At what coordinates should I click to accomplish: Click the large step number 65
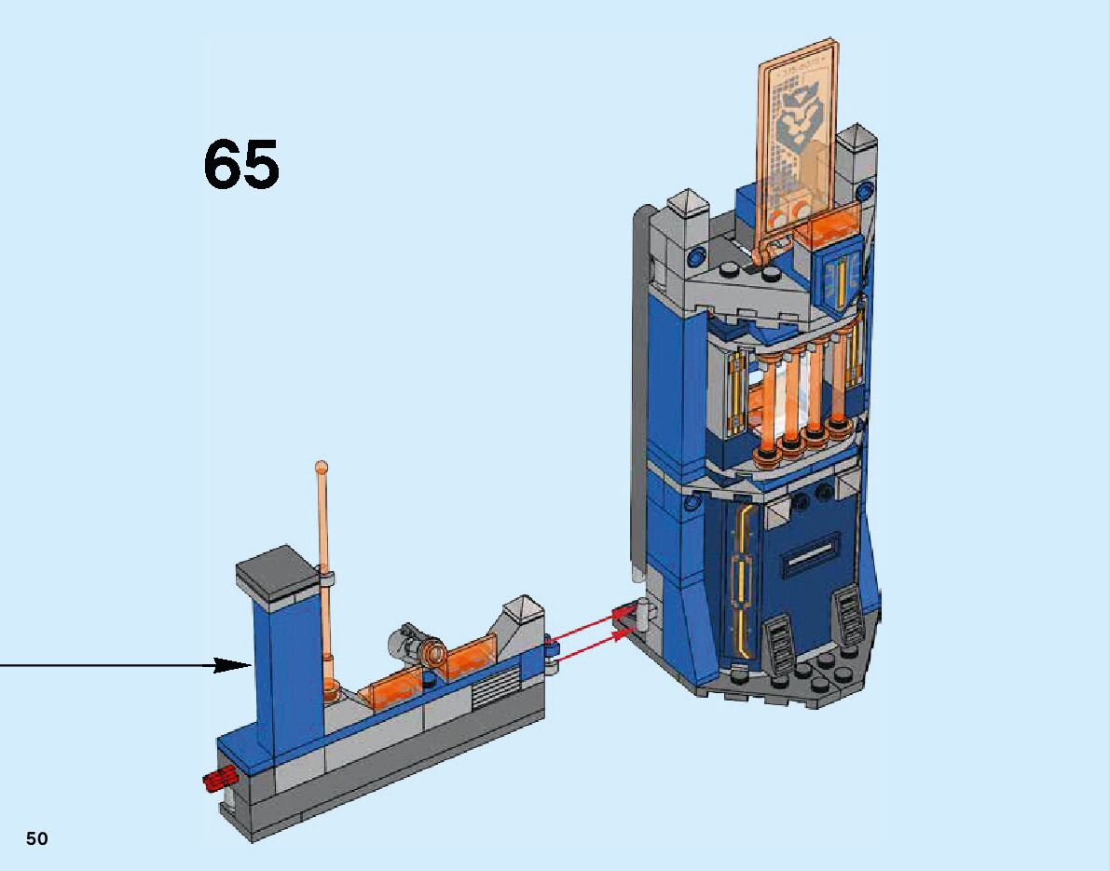click(x=240, y=166)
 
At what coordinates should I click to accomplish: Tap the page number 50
click(x=36, y=838)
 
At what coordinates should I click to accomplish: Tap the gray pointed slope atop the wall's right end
click(x=522, y=616)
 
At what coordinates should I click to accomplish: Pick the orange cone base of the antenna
click(x=329, y=690)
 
